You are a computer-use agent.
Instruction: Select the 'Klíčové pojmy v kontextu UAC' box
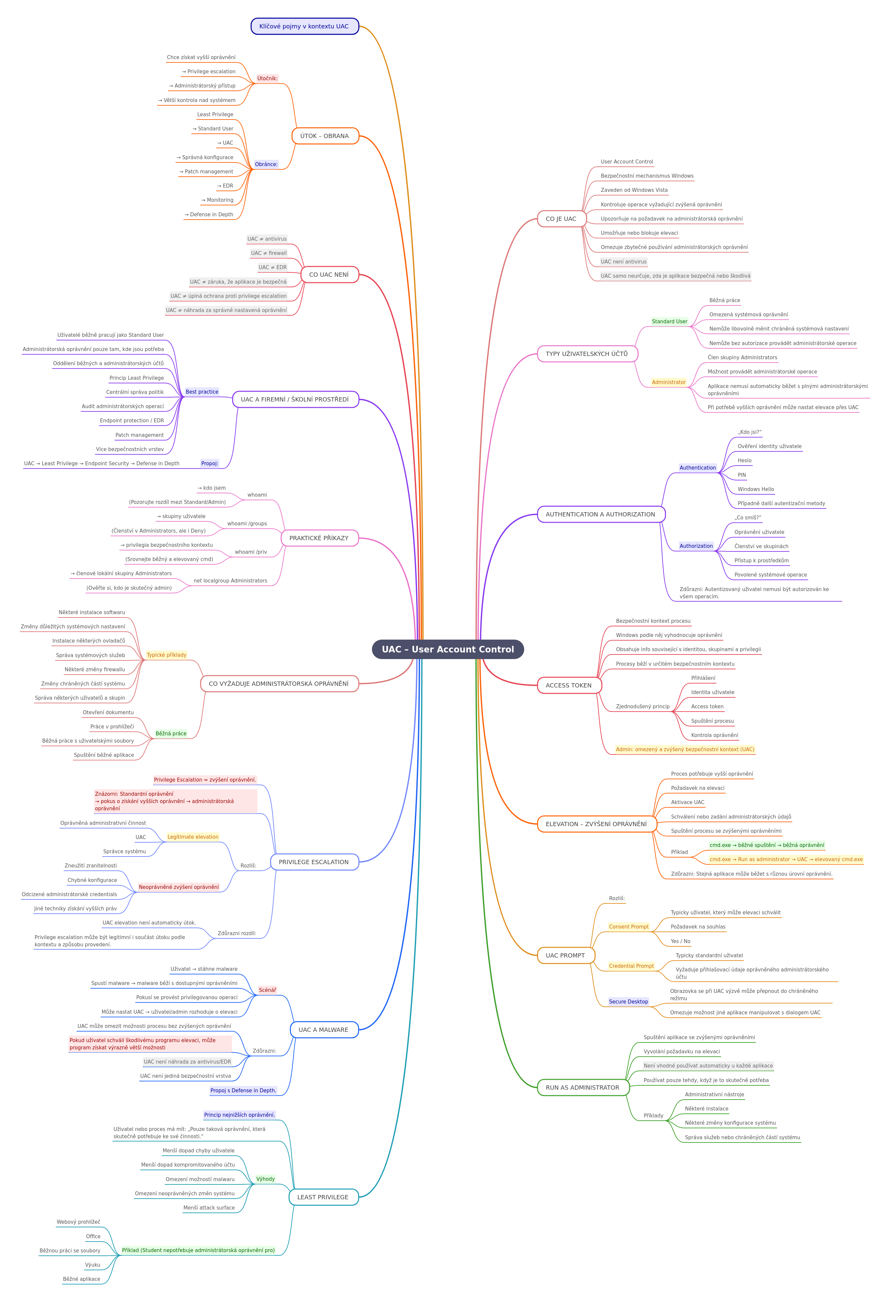(x=305, y=26)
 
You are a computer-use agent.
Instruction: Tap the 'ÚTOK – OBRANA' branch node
(x=325, y=136)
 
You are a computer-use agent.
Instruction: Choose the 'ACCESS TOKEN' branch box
(x=569, y=685)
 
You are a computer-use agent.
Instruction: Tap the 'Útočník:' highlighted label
(x=267, y=78)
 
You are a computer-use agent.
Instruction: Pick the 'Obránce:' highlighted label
(x=266, y=164)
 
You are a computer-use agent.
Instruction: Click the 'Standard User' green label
(x=669, y=321)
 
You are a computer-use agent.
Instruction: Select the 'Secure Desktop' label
(x=629, y=1001)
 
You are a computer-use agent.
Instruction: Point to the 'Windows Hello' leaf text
(x=755, y=489)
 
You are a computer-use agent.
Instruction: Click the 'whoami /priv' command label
(x=251, y=552)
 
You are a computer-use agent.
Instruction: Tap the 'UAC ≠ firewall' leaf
(x=269, y=253)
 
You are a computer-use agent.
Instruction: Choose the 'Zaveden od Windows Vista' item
(x=634, y=190)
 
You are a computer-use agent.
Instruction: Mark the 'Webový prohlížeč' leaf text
(x=78, y=1222)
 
